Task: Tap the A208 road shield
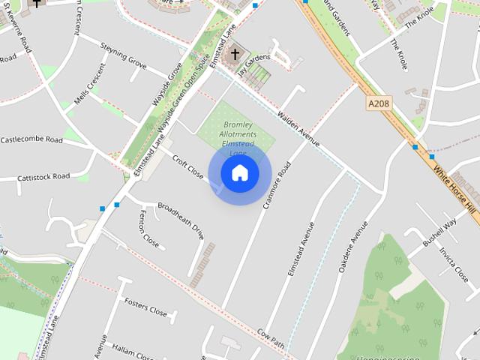click(380, 103)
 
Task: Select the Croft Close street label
click(188, 166)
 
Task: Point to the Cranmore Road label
click(277, 184)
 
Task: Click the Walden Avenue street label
click(298, 129)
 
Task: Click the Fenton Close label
click(149, 229)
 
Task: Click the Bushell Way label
click(439, 233)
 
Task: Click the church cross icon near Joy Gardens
click(235, 54)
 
